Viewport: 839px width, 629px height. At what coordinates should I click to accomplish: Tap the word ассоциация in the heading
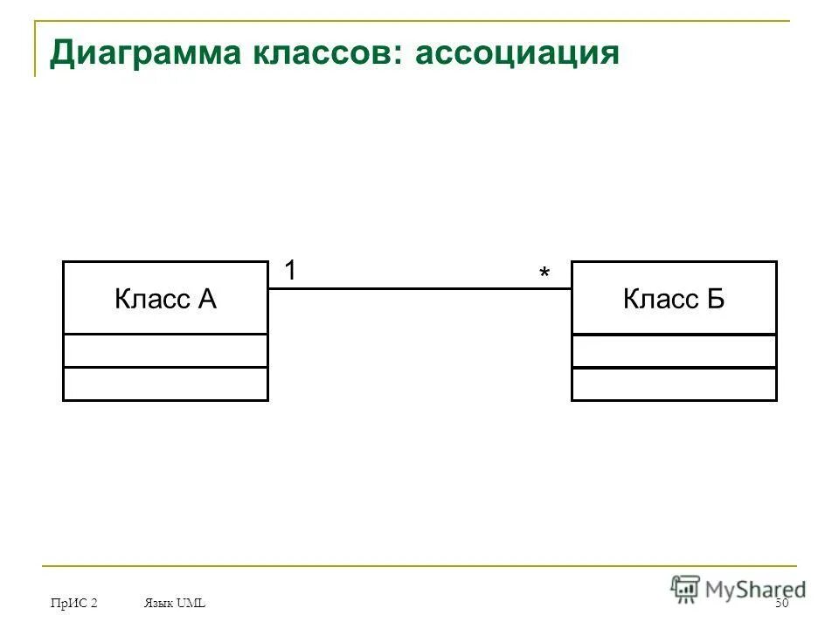click(x=517, y=53)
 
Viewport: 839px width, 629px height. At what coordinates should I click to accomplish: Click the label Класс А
click(x=165, y=300)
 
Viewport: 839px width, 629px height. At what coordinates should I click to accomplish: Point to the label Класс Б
click(x=674, y=300)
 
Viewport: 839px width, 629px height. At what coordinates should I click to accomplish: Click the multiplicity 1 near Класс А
click(x=289, y=272)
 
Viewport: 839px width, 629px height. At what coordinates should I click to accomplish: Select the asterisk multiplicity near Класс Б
click(x=544, y=275)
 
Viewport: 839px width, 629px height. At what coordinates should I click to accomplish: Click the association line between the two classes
click(x=419, y=288)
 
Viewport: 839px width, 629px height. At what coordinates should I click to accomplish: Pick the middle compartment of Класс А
click(x=165, y=350)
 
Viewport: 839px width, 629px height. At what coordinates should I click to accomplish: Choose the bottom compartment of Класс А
click(x=165, y=384)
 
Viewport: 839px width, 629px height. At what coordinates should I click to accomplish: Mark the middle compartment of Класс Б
click(x=674, y=350)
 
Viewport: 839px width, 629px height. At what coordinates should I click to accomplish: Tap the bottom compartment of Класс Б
click(x=674, y=384)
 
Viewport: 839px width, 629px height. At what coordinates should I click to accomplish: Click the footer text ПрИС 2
click(x=74, y=604)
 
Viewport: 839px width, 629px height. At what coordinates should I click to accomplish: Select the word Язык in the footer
click(x=157, y=604)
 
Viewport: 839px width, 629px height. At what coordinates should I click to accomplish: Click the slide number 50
click(x=781, y=605)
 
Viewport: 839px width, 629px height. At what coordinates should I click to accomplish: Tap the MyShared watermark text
click(x=755, y=590)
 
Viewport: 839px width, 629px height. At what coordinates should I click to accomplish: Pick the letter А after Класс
click(x=206, y=300)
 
